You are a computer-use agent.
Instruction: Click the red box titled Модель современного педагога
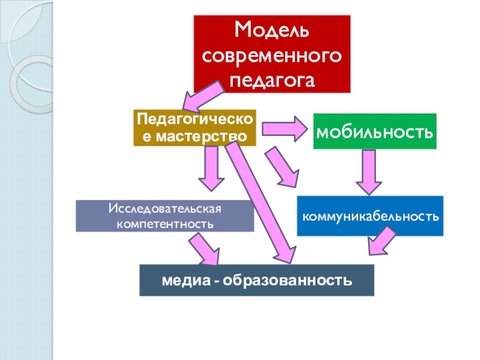pos(272,54)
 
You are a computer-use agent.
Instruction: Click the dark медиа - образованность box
pos(257,280)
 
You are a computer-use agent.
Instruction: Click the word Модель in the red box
pos(272,29)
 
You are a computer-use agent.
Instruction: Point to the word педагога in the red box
pos(272,79)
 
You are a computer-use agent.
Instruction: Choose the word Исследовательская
pos(165,209)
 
